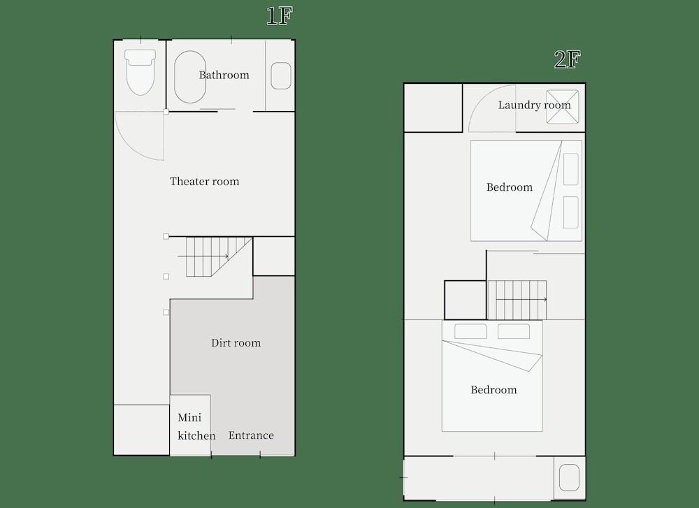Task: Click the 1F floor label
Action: [x=280, y=16]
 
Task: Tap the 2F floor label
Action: [x=568, y=59]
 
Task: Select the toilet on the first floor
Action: [x=140, y=72]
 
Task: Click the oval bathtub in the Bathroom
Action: [x=190, y=78]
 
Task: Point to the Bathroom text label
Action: [x=224, y=75]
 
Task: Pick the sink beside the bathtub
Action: [x=281, y=75]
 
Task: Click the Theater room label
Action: [x=205, y=182]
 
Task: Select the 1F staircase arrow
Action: [x=203, y=256]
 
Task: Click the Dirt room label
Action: [x=236, y=342]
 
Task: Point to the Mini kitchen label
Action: [x=196, y=426]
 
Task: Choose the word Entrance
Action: [x=251, y=435]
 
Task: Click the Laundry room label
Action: [x=535, y=106]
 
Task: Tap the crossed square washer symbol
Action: [x=563, y=106]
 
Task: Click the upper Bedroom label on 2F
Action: [x=510, y=187]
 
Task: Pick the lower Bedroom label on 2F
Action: [x=494, y=390]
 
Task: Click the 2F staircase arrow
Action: [x=521, y=300]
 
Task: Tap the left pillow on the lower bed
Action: [x=470, y=331]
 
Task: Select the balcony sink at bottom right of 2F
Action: [x=569, y=478]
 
